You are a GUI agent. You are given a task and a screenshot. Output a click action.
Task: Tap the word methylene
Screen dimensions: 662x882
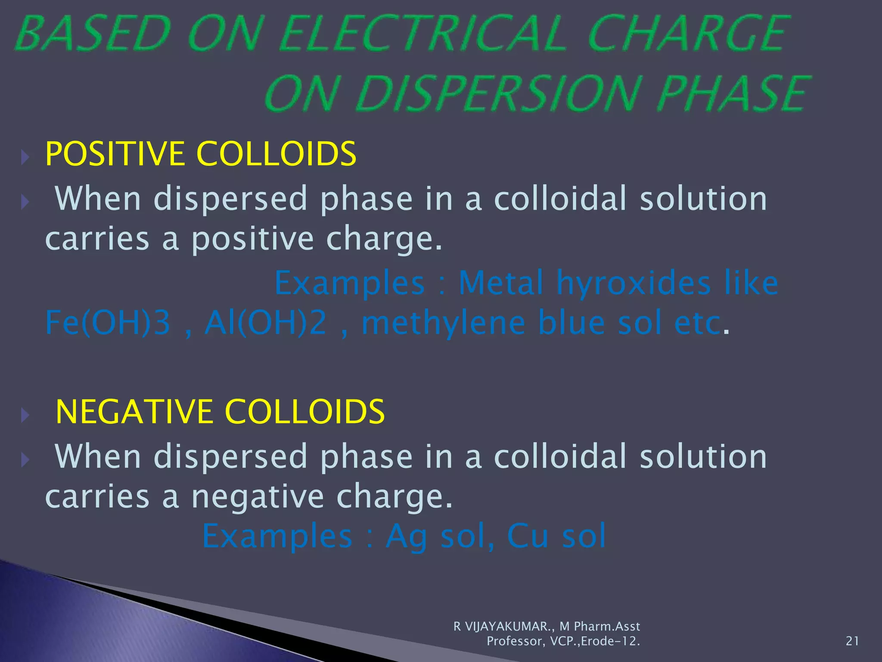444,323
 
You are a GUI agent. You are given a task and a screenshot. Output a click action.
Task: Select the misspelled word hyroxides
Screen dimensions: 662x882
634,283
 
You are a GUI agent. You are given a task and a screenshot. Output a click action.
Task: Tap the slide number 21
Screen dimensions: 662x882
852,641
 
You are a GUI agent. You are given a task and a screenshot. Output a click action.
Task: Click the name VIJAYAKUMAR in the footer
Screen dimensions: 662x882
506,626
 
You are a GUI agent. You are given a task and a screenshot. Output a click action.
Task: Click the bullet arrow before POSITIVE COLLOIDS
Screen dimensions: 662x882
25,157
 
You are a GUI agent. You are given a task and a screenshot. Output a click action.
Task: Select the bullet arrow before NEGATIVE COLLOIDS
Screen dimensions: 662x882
25,415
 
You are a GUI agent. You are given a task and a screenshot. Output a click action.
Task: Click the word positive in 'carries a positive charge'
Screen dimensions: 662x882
252,239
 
